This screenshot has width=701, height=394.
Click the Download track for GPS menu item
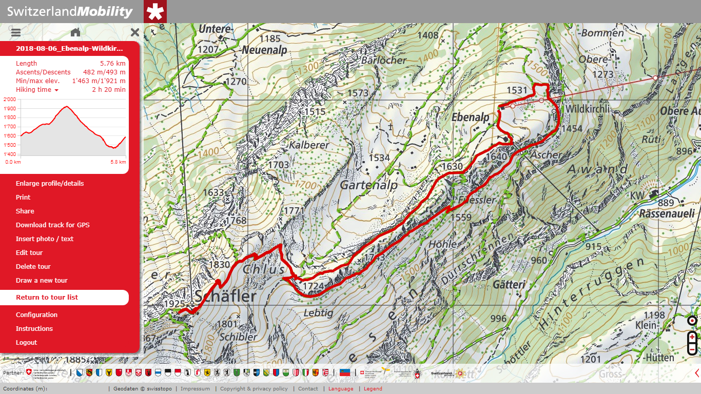[x=52, y=225]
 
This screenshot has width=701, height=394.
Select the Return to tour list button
[x=47, y=298]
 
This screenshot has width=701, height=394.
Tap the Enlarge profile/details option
[x=50, y=183]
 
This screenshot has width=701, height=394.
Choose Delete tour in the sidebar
[x=33, y=266]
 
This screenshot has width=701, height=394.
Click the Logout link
[x=27, y=342]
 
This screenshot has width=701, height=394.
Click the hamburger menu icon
[x=16, y=32]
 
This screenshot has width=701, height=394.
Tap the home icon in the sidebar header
[x=75, y=32]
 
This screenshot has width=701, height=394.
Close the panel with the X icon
[x=135, y=32]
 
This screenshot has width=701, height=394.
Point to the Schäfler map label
[x=225, y=296]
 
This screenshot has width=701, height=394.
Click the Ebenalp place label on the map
[x=469, y=117]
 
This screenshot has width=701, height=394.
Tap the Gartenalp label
[x=369, y=185]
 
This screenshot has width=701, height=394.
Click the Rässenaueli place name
[x=667, y=213]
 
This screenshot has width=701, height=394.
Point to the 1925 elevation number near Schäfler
[x=174, y=304]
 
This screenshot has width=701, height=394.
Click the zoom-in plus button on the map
[x=692, y=338]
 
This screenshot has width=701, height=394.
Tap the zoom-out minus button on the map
[x=692, y=349]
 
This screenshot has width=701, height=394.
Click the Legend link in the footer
[x=373, y=389]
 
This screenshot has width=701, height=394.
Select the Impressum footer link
[x=195, y=389]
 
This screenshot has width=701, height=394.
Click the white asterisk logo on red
[x=155, y=11]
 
